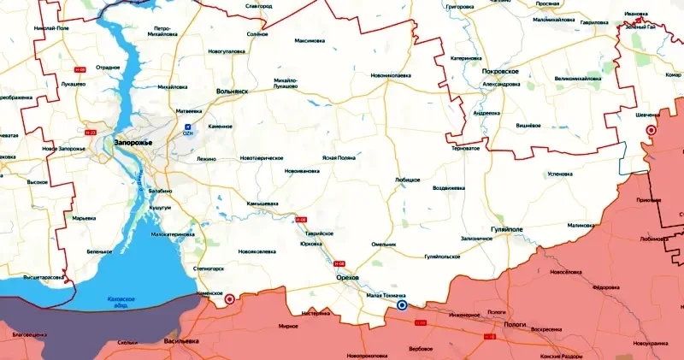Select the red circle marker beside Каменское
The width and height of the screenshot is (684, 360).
[229, 299]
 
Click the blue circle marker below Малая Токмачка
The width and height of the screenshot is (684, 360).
[402, 304]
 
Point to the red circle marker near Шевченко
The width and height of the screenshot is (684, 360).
[651, 130]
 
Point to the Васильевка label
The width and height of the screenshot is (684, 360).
[181, 340]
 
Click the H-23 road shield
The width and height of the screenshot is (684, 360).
[91, 133]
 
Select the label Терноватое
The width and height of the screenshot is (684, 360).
[465, 148]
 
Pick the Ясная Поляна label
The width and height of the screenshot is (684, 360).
[339, 158]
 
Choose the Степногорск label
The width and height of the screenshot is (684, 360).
[208, 267]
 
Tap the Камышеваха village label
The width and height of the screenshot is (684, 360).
[264, 204]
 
